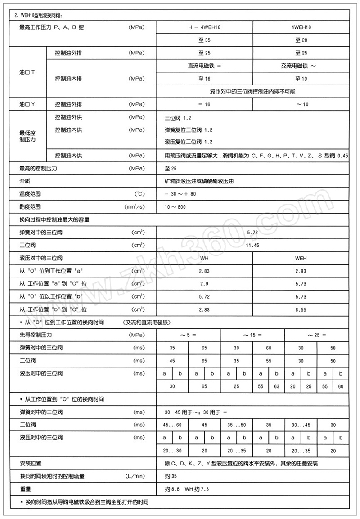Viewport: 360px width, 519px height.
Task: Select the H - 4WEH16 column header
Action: point(204,27)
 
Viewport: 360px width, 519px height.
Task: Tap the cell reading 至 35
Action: point(204,40)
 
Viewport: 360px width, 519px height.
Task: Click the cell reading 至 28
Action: point(301,40)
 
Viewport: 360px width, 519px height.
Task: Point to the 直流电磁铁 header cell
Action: point(205,66)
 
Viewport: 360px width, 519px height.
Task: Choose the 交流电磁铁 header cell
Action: point(301,66)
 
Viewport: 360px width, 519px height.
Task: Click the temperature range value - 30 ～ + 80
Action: point(180,194)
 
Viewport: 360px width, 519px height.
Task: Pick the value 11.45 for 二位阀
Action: point(252,245)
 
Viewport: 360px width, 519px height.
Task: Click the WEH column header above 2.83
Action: point(301,258)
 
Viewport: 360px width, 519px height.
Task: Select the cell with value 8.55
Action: point(301,309)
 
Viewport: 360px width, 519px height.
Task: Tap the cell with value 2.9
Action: point(204,284)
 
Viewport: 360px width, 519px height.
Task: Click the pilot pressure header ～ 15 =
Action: point(252,335)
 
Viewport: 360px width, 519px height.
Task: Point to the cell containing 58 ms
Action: point(333,348)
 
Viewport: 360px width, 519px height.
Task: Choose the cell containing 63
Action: point(276,386)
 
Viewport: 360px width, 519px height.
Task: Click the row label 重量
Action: point(25,489)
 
